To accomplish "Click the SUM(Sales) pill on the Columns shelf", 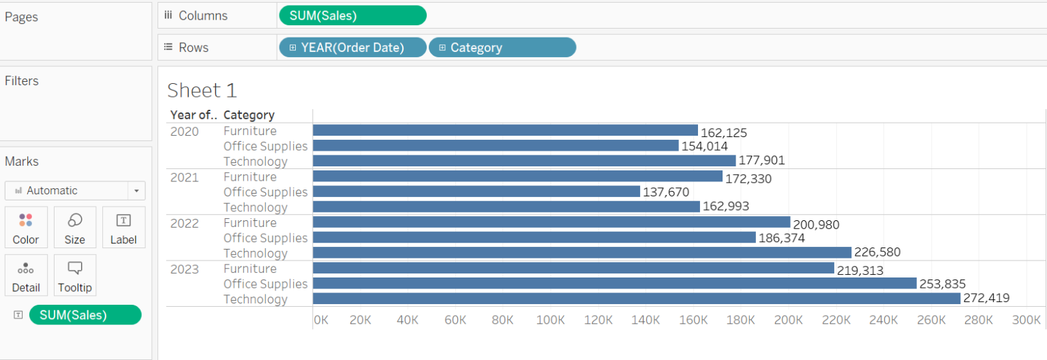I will [352, 15].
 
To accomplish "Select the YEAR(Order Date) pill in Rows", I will [352, 47].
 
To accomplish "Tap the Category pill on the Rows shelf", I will [502, 47].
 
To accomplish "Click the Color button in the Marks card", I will [26, 227].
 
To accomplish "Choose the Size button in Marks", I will [75, 227].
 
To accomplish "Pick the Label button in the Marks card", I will [123, 227].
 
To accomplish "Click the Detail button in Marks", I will [26, 275].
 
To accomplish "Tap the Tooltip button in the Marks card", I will [75, 275].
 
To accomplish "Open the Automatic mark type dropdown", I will [75, 190].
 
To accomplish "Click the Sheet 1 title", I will [202, 91].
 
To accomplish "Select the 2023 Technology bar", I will [636, 299].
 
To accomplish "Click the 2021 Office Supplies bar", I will [476, 192].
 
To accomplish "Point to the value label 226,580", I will [877, 252].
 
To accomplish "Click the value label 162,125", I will [724, 133].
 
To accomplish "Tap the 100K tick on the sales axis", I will [551, 320].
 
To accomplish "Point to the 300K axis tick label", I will [1027, 320].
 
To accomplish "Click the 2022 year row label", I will [185, 223].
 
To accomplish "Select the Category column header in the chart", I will [249, 115].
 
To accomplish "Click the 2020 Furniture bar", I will [505, 130].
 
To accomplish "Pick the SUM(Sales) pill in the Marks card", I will [85, 314].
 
